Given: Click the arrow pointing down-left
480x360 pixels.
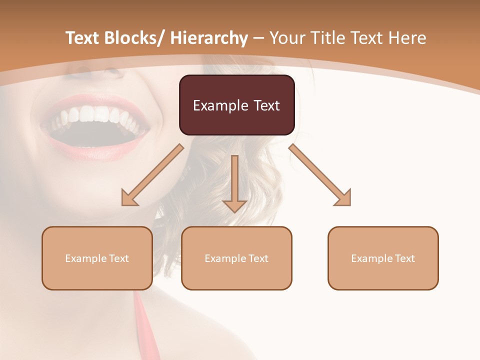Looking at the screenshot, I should (x=152, y=175).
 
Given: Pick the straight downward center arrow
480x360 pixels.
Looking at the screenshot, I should (x=234, y=183).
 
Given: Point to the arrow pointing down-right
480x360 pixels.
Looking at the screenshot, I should (x=320, y=175).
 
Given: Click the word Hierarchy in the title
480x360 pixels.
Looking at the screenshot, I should (x=209, y=38).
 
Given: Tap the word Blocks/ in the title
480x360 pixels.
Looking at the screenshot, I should (x=131, y=38).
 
